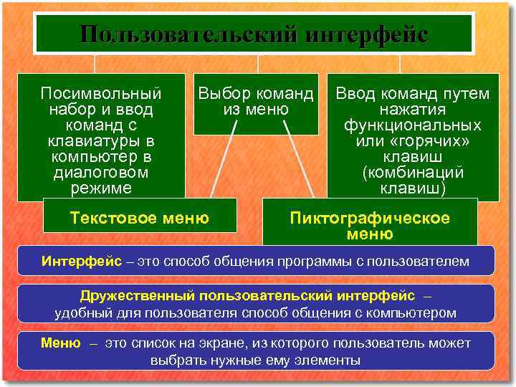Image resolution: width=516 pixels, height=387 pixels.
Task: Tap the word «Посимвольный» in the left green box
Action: [x=101, y=93]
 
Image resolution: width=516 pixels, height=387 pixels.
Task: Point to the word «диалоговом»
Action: [x=101, y=172]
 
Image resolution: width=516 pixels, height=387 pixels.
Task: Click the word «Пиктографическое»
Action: [x=369, y=218]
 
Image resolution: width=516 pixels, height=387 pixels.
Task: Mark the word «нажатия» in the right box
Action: [x=414, y=109]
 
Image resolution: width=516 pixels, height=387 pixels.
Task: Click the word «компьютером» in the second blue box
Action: [x=410, y=312]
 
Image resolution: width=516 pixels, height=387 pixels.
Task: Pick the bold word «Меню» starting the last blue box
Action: [x=60, y=343]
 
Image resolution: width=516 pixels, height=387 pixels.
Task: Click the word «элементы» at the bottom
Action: [x=330, y=360]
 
